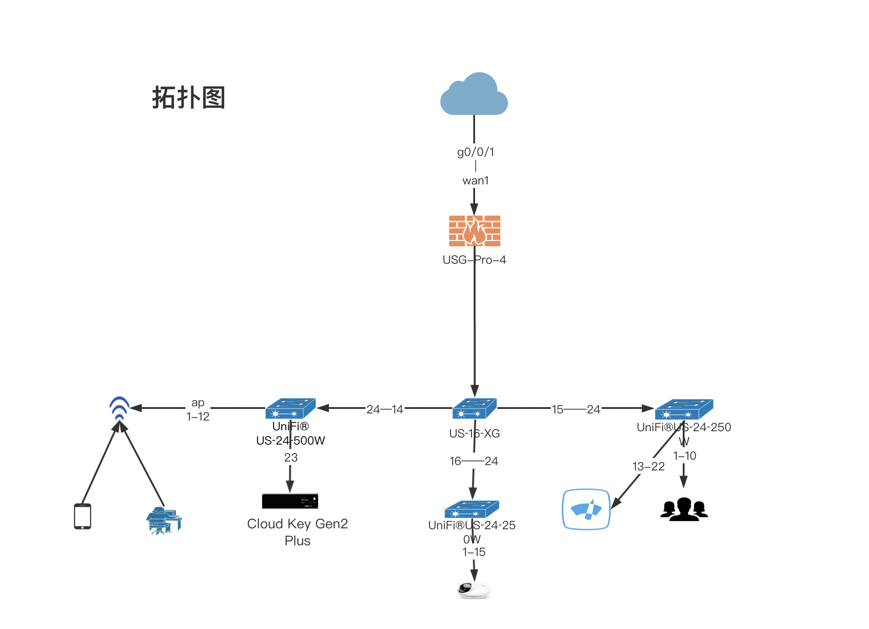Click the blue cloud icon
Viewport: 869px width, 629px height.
point(474,95)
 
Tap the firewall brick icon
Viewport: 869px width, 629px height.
point(475,231)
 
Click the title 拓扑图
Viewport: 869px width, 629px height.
point(189,98)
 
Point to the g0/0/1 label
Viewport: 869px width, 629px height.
point(475,152)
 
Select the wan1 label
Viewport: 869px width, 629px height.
point(475,180)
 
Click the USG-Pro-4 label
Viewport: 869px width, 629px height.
point(474,260)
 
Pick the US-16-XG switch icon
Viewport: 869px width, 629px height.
point(474,408)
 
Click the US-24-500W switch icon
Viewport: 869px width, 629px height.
point(291,408)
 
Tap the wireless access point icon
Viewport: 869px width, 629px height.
point(119,408)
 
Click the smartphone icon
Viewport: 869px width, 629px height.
point(82,516)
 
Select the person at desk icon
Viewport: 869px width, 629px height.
point(164,520)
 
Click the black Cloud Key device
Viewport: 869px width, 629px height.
point(290,501)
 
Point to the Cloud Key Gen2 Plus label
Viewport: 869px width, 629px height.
point(297,532)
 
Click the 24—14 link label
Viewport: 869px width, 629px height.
point(385,409)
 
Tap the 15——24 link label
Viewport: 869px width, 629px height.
point(576,409)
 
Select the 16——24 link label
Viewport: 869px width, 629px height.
point(473,461)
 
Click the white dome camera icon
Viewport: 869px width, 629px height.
point(474,590)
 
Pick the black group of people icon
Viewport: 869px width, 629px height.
point(684,509)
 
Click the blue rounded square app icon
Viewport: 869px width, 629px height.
point(586,509)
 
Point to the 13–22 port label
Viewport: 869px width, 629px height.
point(648,466)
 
